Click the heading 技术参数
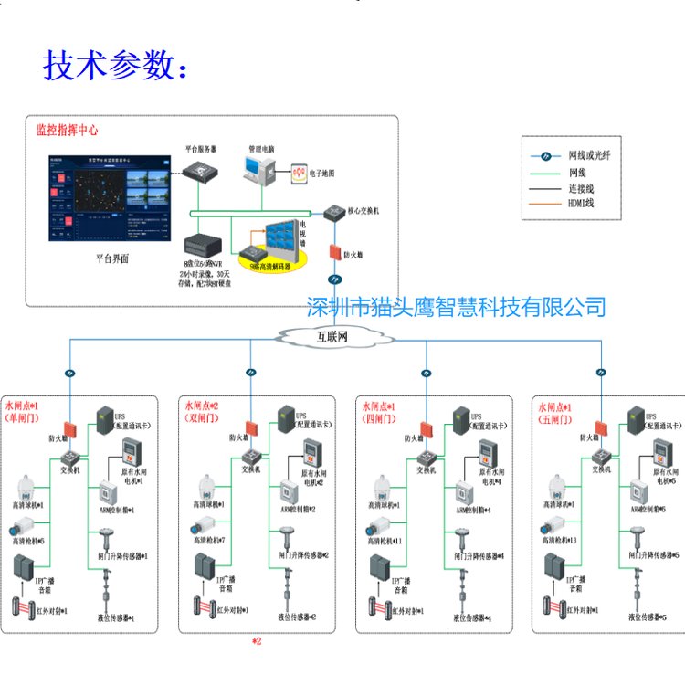click(118, 67)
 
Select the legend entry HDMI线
click(582, 204)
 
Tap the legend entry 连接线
click(582, 188)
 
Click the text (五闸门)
click(556, 417)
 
